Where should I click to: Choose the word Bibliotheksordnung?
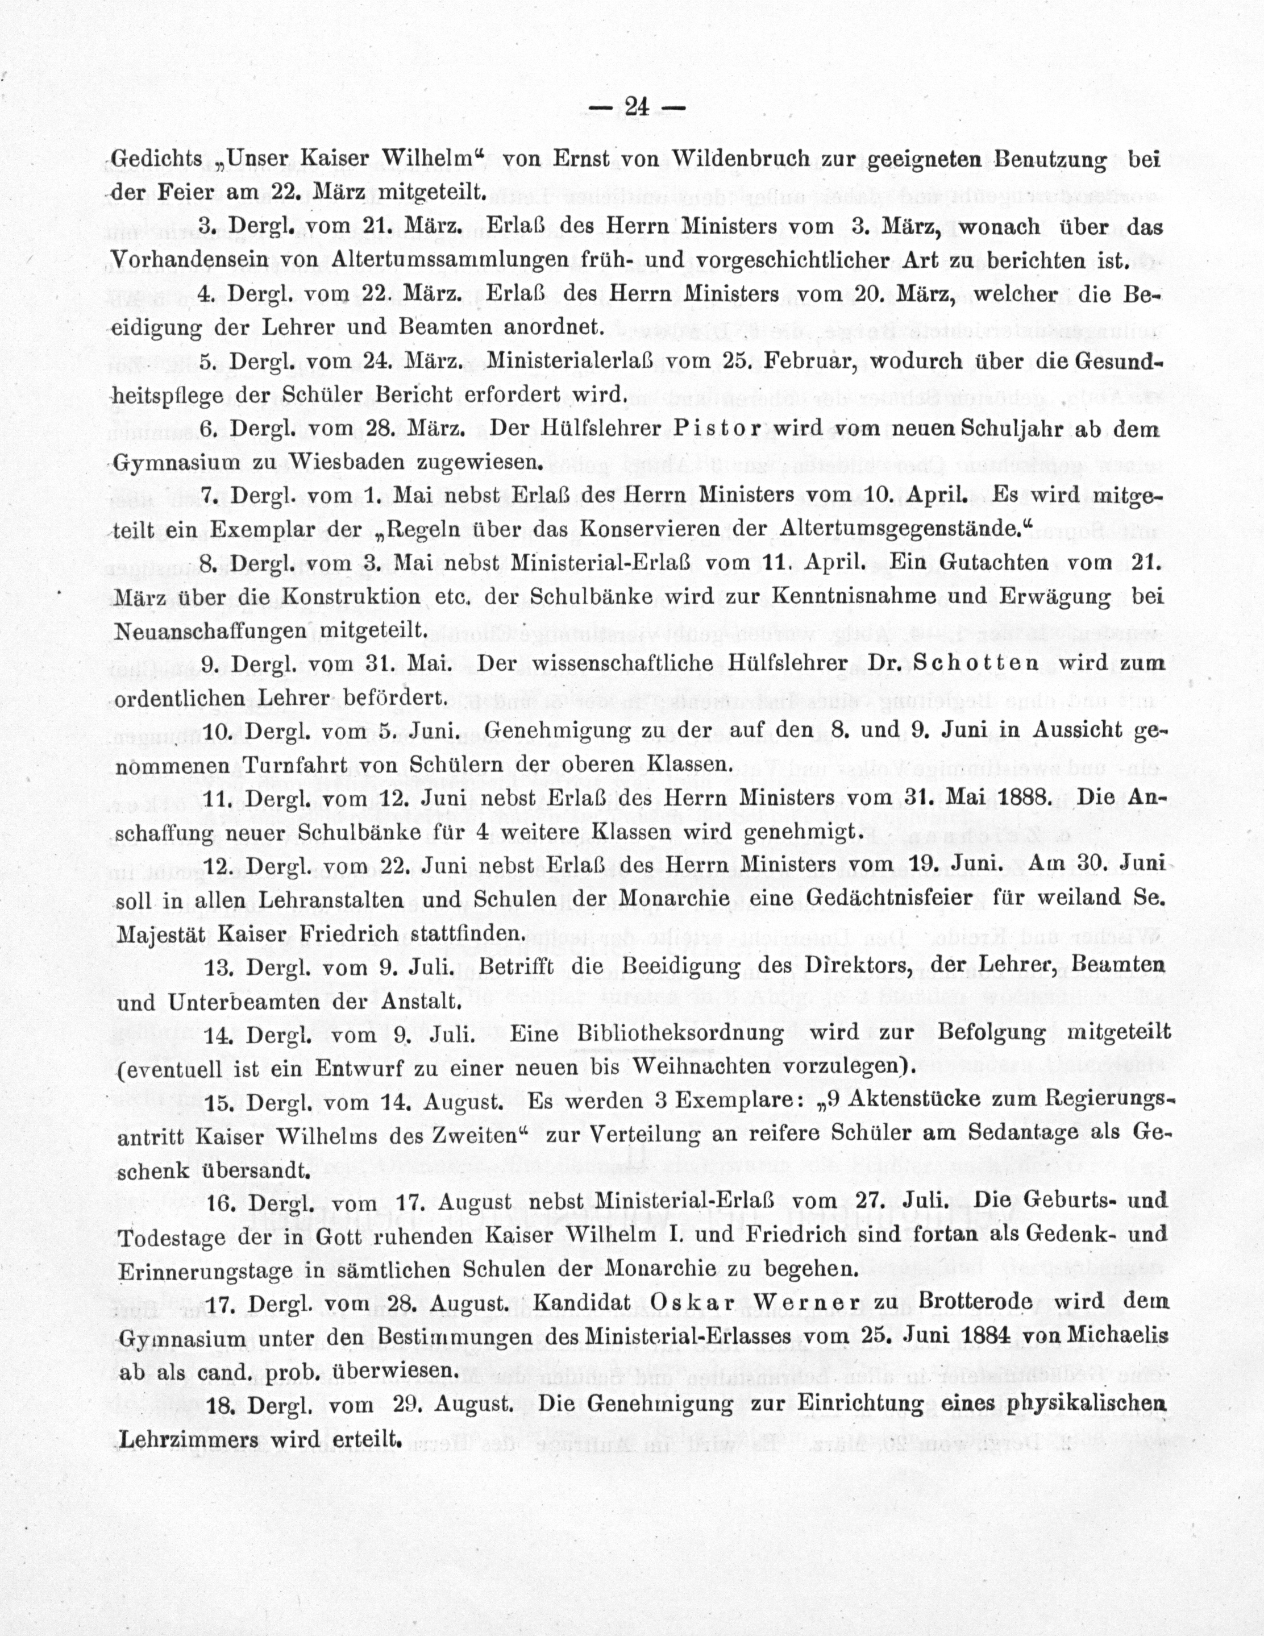[680, 1034]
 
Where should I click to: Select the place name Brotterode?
[975, 1302]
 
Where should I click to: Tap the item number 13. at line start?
[219, 967]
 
